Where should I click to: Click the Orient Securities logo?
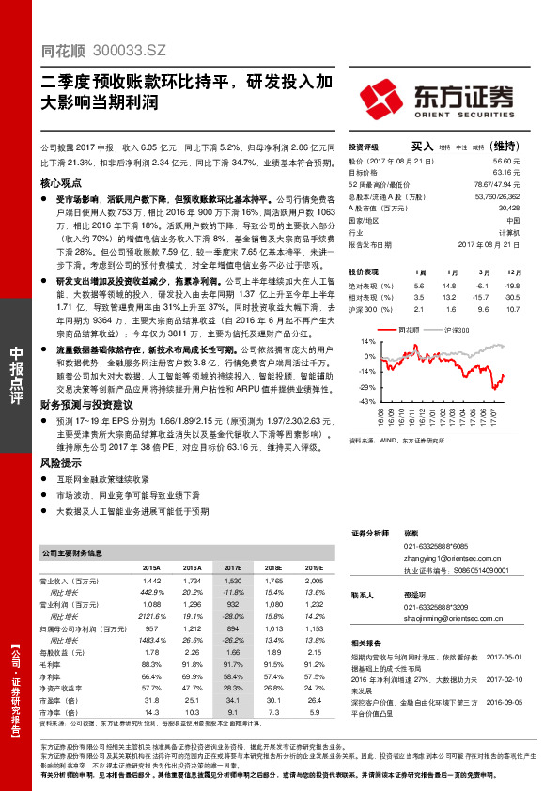coord(439,97)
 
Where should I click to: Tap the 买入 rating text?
coord(423,146)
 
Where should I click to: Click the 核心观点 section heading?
coord(61,184)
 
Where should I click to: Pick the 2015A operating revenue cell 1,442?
coord(150,582)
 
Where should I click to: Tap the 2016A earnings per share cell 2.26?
coord(192,651)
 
